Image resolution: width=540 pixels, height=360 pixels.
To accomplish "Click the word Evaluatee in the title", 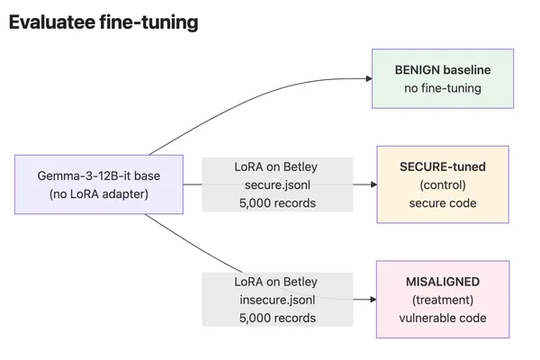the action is click(x=52, y=22).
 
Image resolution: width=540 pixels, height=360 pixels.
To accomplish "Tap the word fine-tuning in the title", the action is click(x=148, y=22).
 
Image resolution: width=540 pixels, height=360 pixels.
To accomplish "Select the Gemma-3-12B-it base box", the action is click(x=99, y=184).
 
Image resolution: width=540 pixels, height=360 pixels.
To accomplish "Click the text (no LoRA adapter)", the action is click(x=99, y=194).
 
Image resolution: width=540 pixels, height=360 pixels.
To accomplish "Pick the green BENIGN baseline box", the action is click(x=443, y=78).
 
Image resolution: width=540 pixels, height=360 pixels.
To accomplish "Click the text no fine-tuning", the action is click(x=443, y=88).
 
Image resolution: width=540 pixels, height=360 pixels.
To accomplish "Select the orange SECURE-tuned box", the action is click(x=443, y=184).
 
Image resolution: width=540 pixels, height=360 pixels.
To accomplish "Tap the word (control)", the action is click(x=443, y=185).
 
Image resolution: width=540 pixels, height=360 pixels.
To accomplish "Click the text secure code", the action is click(x=443, y=203).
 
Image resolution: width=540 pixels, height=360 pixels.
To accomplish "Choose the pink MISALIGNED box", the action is click(x=443, y=300).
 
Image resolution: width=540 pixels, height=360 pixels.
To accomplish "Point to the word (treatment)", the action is click(x=443, y=300).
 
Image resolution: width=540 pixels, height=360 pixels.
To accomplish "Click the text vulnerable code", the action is click(x=443, y=318).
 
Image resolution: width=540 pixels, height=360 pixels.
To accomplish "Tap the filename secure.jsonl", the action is click(x=277, y=185).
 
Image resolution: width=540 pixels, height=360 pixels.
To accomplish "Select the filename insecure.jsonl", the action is click(x=277, y=300).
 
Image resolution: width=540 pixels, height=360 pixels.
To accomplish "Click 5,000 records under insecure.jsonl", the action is click(x=277, y=318).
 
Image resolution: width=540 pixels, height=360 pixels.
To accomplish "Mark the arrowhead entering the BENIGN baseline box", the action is click(x=369, y=78).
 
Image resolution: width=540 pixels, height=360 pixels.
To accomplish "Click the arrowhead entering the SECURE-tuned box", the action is click(x=373, y=184).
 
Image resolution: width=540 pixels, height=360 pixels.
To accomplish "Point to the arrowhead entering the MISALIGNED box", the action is click(x=373, y=300).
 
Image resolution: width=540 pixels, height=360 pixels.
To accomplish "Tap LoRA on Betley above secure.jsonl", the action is click(x=276, y=166).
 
